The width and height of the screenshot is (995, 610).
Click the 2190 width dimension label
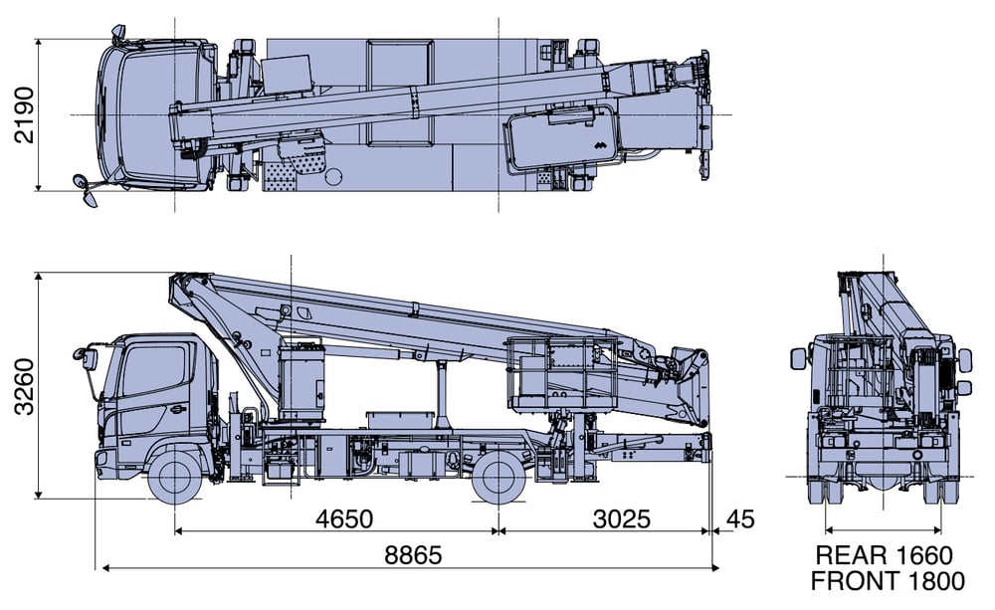pyautogui.click(x=25, y=114)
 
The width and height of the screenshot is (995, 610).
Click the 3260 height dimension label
pyautogui.click(x=25, y=387)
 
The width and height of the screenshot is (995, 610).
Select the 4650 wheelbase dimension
pyautogui.click(x=344, y=518)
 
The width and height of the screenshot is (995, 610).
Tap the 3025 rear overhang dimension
pyautogui.click(x=621, y=518)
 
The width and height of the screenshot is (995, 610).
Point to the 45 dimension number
pyautogui.click(x=740, y=518)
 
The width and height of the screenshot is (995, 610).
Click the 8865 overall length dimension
pyautogui.click(x=413, y=555)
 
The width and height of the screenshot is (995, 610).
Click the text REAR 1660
pyautogui.click(x=884, y=555)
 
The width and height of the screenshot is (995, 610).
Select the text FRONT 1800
pyautogui.click(x=888, y=581)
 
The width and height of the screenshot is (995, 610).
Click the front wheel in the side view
pyautogui.click(x=174, y=476)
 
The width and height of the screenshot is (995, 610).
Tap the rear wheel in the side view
pyautogui.click(x=498, y=476)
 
